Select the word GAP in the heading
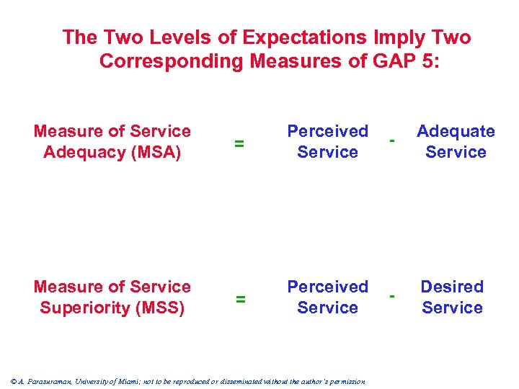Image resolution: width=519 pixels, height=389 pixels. tap(394, 61)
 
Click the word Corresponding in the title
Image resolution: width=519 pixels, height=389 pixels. tap(172, 61)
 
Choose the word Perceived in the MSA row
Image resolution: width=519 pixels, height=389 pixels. tap(327, 131)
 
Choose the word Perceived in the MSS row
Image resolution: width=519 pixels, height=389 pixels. tap(327, 287)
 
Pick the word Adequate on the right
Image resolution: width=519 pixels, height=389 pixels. tap(456, 131)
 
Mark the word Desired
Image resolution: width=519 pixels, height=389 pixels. tap(452, 287)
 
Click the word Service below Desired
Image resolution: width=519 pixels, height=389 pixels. tap(452, 308)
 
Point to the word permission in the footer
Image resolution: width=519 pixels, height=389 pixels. tap(345, 382)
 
